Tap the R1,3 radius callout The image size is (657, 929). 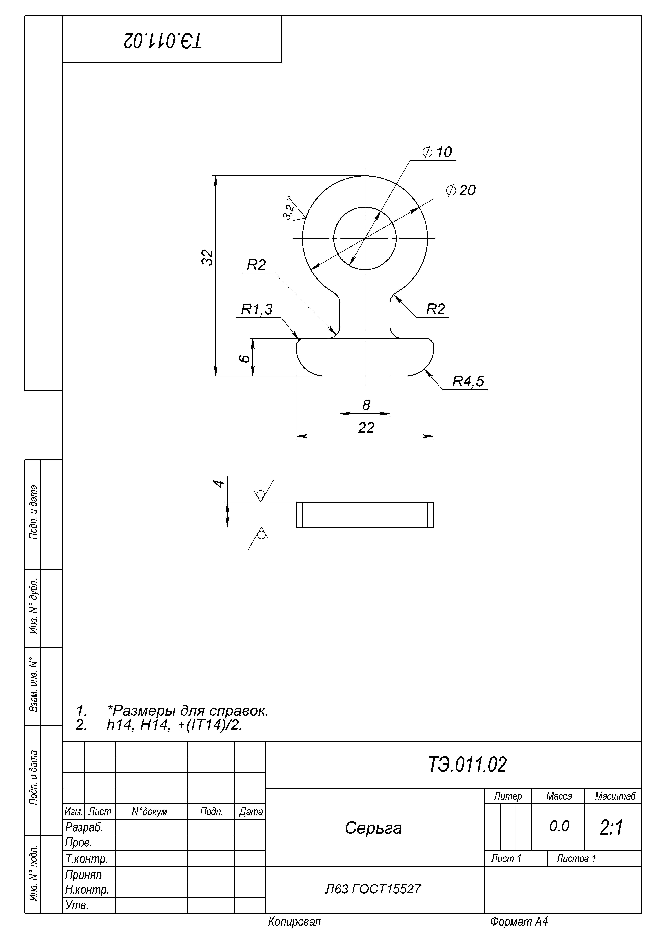tap(257, 309)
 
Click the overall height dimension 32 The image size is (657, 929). tap(207, 257)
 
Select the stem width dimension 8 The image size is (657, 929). tap(366, 405)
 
